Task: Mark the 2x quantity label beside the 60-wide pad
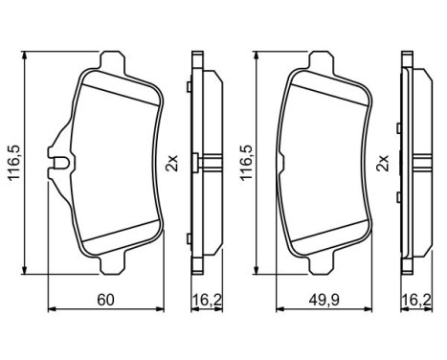(x=172, y=162)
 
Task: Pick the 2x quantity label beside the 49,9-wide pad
(x=384, y=162)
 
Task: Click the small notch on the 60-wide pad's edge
(x=59, y=166)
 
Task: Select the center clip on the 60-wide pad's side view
(x=200, y=161)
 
